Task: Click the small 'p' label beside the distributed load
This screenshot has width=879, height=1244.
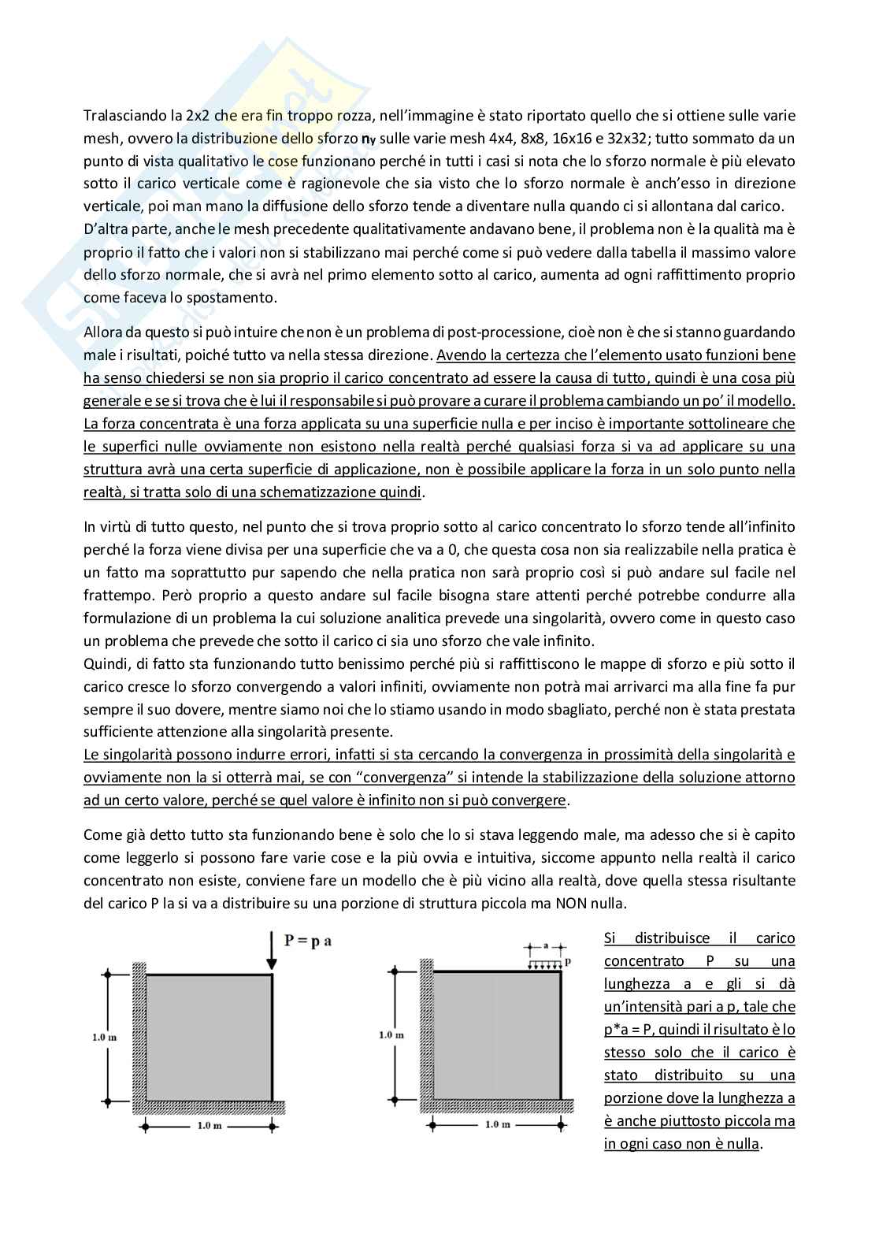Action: (567, 962)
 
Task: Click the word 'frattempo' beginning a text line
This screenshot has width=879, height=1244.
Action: (113, 595)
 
